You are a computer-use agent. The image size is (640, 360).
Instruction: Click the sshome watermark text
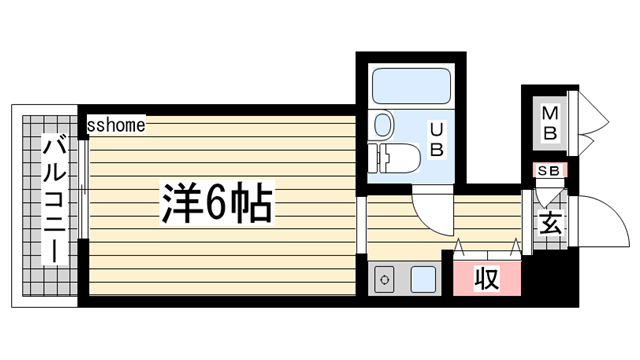tap(116, 125)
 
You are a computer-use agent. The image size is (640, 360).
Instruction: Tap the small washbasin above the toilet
tap(383, 125)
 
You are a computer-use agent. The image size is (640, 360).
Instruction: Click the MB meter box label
tap(550, 123)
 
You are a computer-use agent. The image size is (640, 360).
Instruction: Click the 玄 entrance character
tap(551, 222)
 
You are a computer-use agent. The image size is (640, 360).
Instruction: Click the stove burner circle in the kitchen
tap(386, 280)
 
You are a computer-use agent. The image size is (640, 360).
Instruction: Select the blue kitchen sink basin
tap(423, 279)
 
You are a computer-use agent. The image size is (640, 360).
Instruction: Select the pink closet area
tap(486, 277)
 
